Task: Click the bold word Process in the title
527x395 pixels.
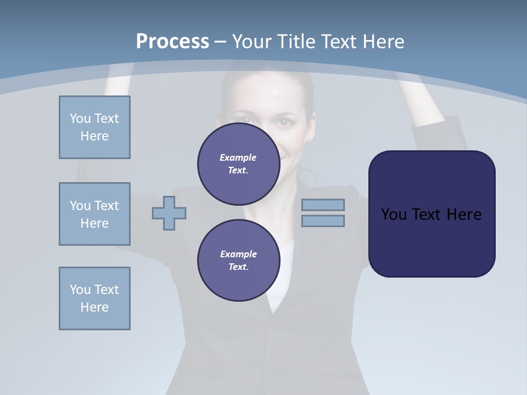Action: [x=172, y=42]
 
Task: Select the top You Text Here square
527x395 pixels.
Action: [x=94, y=127]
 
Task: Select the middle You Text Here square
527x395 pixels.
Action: [x=94, y=214]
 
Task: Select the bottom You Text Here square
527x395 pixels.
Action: [x=94, y=298]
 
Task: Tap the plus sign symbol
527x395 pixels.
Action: [x=169, y=213]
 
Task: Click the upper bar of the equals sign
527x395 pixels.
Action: [x=323, y=205]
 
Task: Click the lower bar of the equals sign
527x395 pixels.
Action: [x=323, y=221]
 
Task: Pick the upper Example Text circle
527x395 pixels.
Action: [x=238, y=164]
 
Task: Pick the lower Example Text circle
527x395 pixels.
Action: [x=238, y=261]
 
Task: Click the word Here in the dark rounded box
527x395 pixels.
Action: [x=464, y=215]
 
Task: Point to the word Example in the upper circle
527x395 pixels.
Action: [x=238, y=157]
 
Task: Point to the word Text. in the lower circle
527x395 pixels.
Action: [x=238, y=267]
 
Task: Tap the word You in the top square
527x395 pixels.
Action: [x=80, y=119]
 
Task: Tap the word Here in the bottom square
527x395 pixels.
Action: [x=94, y=307]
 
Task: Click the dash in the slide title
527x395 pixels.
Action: [x=220, y=42]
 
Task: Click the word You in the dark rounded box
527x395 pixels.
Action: [x=393, y=215]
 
